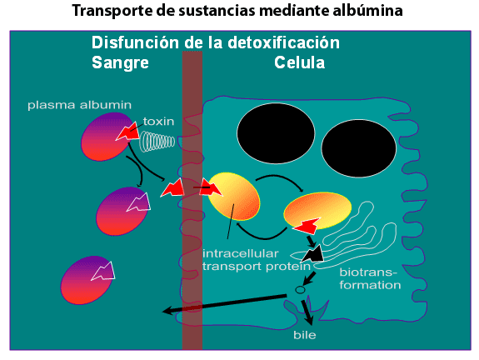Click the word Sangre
coord(120,63)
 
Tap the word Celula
coord(299,62)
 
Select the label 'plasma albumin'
coord(79,105)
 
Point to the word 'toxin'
coord(158,122)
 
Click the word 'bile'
coord(305,335)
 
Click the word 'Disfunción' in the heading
coord(135,42)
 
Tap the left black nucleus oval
coord(276,133)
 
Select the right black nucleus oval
coord(359,148)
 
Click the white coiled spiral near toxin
coord(157,142)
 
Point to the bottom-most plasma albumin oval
coord(87,280)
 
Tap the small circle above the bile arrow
coord(300,289)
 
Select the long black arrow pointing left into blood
coord(224,304)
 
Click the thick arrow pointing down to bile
coord(307,312)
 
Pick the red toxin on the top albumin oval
coord(127,132)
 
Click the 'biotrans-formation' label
coord(370,278)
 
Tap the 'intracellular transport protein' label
coord(257,260)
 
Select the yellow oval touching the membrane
coord(234,196)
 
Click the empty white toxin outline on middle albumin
coord(140,202)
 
